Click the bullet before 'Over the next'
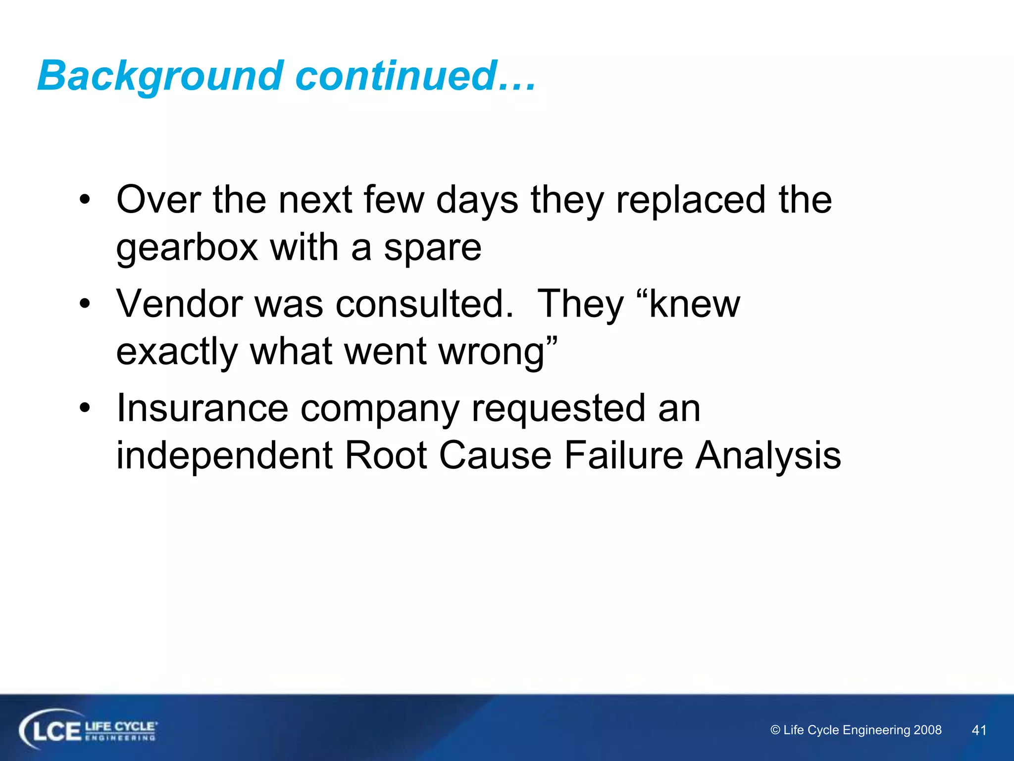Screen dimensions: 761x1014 click(x=85, y=200)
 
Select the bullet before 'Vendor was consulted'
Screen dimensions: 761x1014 click(x=85, y=303)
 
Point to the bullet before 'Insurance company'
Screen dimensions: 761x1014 click(x=85, y=408)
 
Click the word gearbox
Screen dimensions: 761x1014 click(x=187, y=248)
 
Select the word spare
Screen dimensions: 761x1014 click(x=432, y=248)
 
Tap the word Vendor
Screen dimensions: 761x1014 click(x=179, y=303)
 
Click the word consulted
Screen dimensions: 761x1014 click(x=424, y=303)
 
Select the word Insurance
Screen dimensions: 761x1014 click(x=202, y=408)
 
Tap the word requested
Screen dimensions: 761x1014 click(x=558, y=408)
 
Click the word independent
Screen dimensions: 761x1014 click(x=224, y=455)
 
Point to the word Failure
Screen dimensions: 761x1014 click(x=623, y=455)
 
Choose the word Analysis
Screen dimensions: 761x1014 click(x=768, y=455)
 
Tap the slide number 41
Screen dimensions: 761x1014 click(x=979, y=730)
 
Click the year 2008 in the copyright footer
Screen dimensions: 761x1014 click(x=927, y=730)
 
